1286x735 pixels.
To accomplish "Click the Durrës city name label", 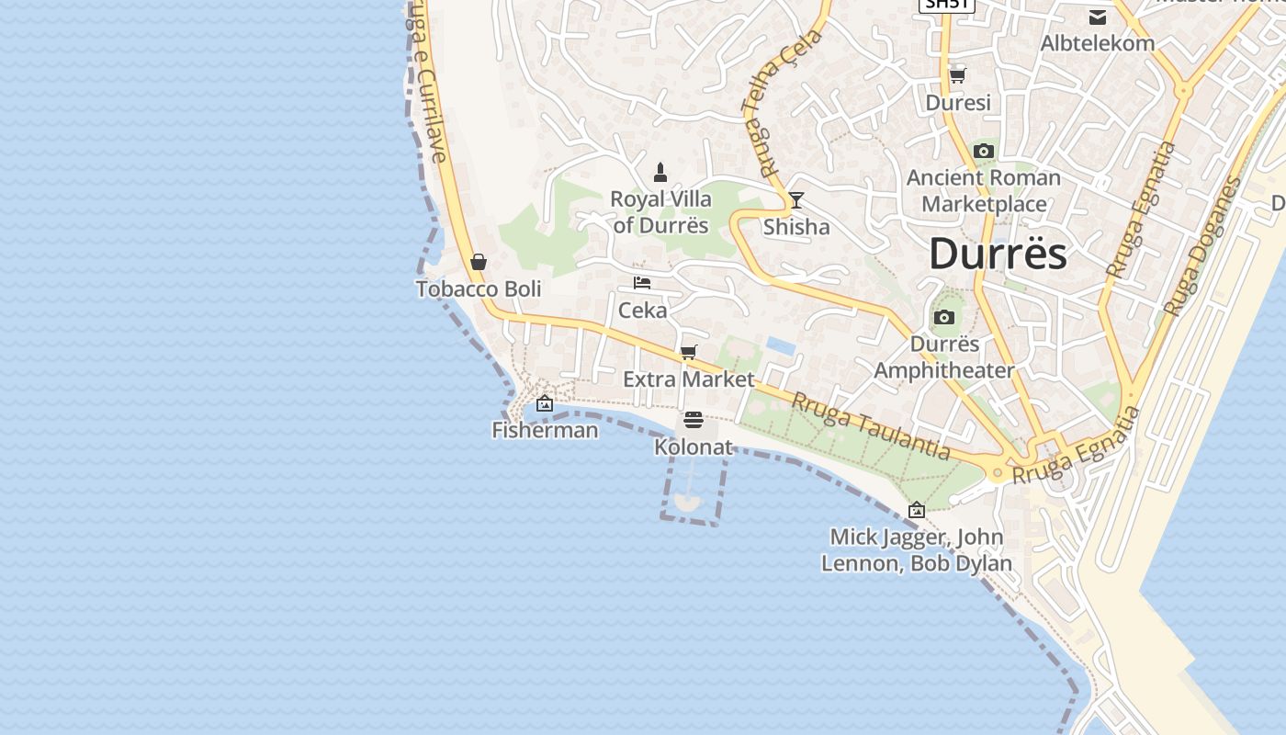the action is point(998,254).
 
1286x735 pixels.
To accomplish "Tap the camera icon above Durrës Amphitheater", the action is point(943,318).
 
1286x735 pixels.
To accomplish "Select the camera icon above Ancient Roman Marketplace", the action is point(984,151).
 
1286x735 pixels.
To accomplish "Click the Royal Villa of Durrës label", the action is point(660,212).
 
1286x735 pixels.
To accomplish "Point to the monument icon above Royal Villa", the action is point(660,172).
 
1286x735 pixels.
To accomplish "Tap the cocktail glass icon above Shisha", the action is point(796,200).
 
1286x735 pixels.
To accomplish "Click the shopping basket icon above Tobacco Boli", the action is point(479,262).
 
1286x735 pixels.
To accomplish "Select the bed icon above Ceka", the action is point(642,283).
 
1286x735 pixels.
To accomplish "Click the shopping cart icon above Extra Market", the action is point(689,352).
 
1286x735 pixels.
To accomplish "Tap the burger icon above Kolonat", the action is point(694,420).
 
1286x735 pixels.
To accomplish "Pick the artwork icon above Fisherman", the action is point(545,402).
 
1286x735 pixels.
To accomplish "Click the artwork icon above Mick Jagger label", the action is point(917,510).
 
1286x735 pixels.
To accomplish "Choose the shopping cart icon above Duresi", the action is point(958,75).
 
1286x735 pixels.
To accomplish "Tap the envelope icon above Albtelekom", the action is point(1098,17).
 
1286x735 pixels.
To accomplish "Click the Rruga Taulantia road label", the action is point(871,425).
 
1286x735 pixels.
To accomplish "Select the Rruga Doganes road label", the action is point(1201,245).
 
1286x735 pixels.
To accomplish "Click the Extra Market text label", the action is point(688,379).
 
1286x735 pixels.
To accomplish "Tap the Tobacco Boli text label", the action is point(479,289).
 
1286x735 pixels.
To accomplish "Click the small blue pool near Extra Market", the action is point(781,345).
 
